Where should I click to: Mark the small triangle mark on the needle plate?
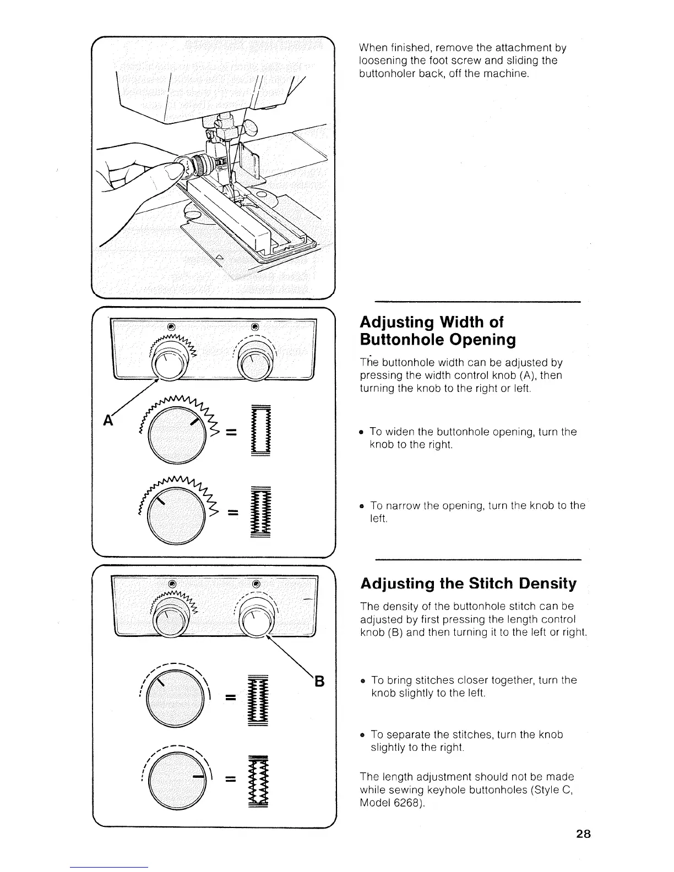point(220,257)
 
